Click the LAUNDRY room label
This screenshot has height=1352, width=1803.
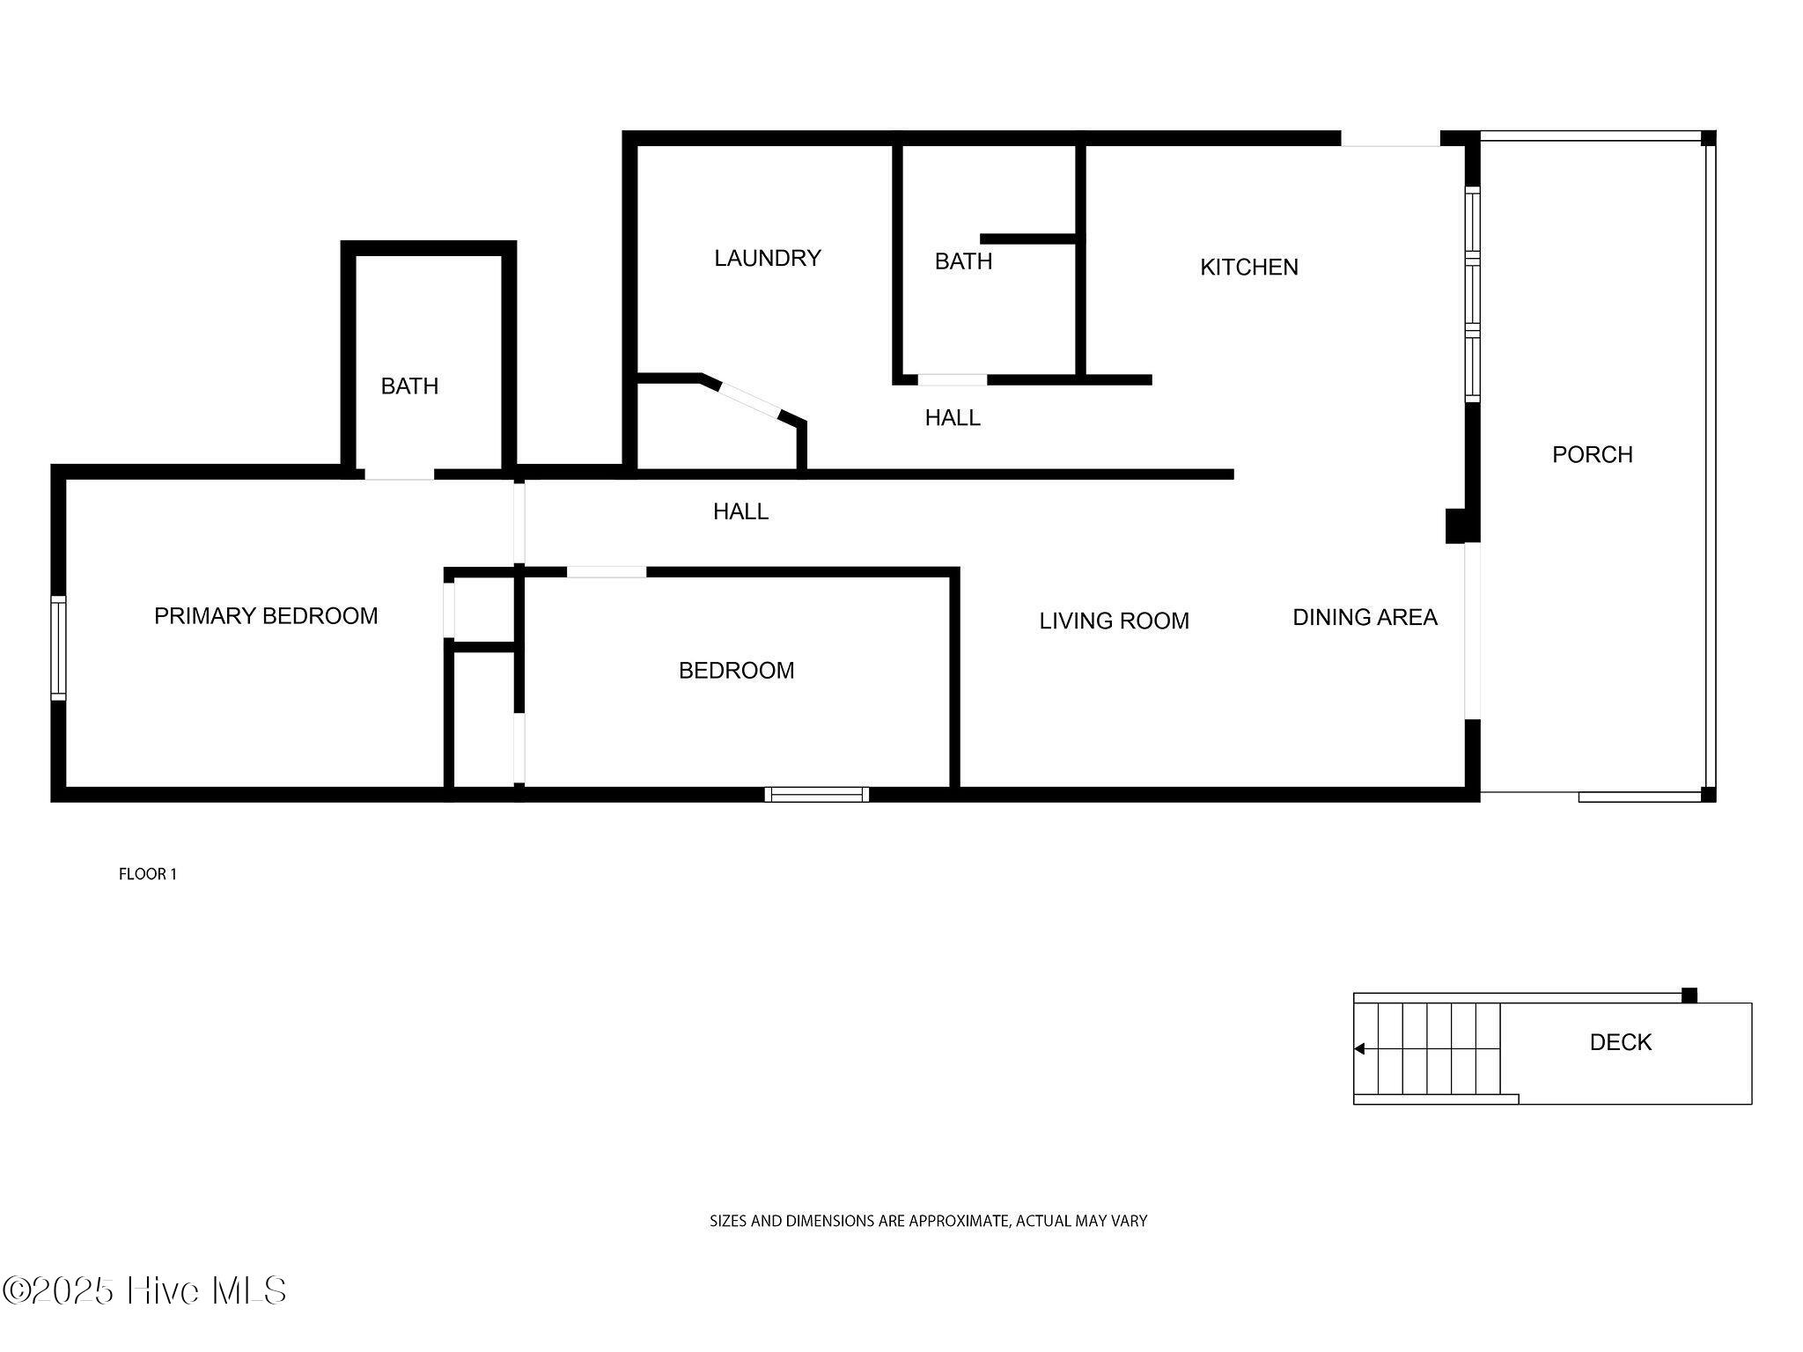[767, 258]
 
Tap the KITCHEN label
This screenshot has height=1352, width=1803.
[1249, 267]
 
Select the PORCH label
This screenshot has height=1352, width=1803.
[1592, 454]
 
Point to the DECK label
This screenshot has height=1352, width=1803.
[1620, 1042]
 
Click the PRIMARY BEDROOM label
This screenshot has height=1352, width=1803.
[266, 616]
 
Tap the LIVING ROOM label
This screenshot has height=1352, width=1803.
[1114, 621]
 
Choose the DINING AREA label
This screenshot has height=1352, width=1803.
[1365, 617]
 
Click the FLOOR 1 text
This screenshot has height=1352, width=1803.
[148, 874]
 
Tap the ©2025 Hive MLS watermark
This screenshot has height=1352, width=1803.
[144, 1291]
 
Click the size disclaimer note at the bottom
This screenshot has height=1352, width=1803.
[928, 1221]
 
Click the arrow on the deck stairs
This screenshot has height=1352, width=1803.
[1359, 1048]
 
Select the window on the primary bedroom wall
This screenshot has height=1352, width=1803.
[58, 648]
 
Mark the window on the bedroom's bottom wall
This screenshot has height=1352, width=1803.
[817, 794]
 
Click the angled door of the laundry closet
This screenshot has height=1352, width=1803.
[750, 400]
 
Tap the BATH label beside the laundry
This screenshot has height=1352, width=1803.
[963, 261]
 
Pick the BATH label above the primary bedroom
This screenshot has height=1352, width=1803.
[409, 386]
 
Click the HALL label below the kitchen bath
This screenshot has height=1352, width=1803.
[953, 418]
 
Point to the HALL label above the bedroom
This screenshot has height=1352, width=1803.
[740, 511]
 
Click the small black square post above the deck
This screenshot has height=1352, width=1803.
[1689, 996]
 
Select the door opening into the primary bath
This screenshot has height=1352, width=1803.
[400, 474]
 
